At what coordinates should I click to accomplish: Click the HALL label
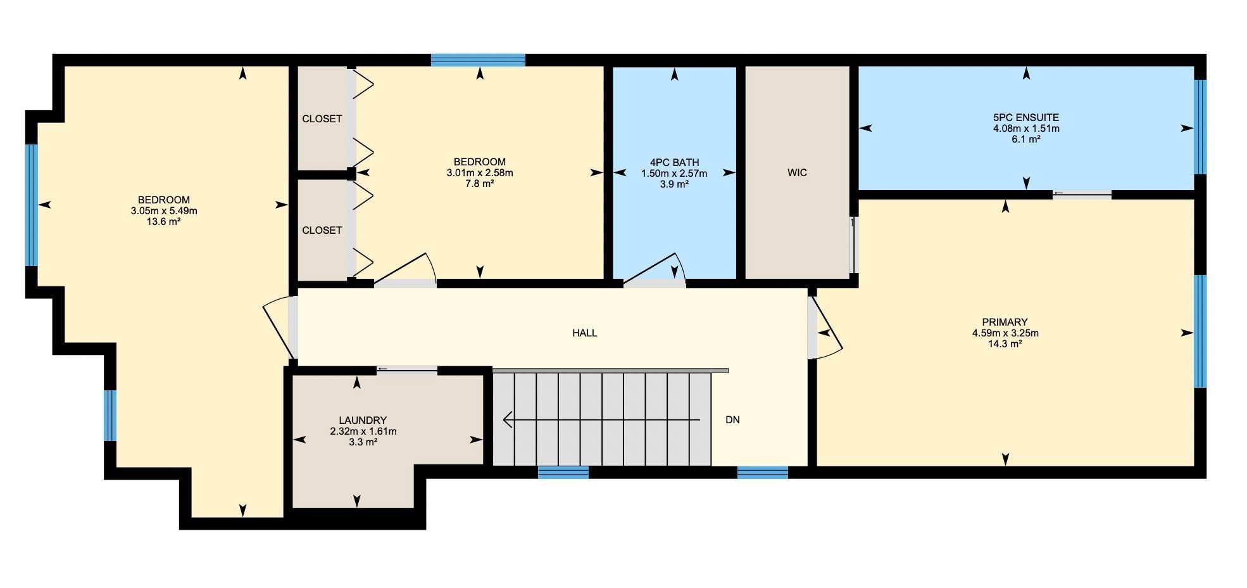coord(584,333)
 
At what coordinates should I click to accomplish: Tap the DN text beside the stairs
coord(732,419)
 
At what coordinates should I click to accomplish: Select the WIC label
coord(797,172)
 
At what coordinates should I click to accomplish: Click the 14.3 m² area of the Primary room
coord(1005,344)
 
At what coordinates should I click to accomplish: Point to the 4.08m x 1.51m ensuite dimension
coord(1025,128)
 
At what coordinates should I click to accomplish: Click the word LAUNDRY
coord(363,420)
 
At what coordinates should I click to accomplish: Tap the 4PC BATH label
coord(674,162)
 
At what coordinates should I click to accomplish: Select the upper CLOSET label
coord(322,118)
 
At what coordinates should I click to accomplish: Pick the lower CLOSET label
coord(322,230)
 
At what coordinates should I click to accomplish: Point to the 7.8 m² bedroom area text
coord(479,184)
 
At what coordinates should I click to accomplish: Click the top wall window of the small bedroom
coord(478,60)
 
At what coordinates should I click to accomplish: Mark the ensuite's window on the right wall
coord(1200,127)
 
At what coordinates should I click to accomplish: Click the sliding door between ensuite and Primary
coord(1082,195)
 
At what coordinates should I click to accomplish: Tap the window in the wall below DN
coord(762,472)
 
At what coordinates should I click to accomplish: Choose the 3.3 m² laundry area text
coord(363,442)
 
